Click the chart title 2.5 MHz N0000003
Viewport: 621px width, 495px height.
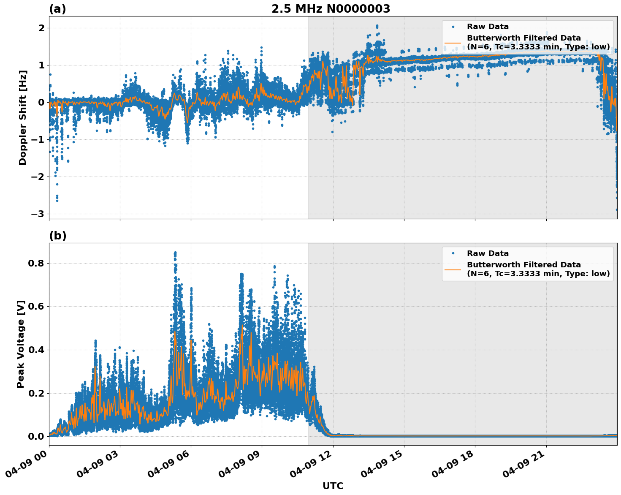click(331, 9)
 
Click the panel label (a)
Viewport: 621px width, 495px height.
click(57, 9)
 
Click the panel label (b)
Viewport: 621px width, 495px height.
click(57, 236)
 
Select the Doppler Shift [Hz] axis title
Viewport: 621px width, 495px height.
click(23, 117)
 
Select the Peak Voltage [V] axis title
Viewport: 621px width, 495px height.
click(21, 344)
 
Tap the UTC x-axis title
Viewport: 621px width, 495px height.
click(333, 486)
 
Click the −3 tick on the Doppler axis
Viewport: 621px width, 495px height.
click(38, 214)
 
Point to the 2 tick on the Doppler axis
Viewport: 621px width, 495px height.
click(41, 28)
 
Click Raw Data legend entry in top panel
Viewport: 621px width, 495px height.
click(488, 27)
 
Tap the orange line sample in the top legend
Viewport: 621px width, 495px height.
click(453, 42)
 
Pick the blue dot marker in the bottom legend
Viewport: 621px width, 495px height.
click(453, 253)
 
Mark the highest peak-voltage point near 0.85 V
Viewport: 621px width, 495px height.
click(175, 253)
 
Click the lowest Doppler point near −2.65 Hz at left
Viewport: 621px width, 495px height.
click(57, 200)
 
